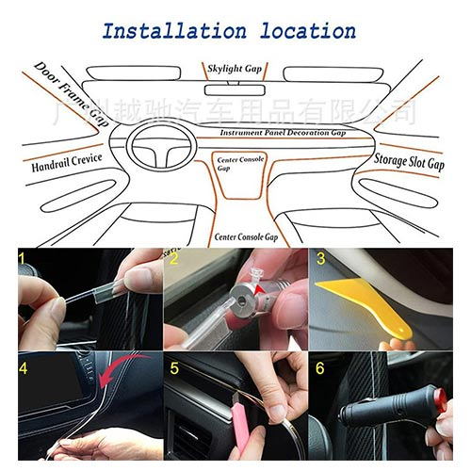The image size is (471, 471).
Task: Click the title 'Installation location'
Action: click(x=229, y=30)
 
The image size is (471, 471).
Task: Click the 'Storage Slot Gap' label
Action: click(x=409, y=162)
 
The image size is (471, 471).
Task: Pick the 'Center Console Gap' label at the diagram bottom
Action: click(x=246, y=237)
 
